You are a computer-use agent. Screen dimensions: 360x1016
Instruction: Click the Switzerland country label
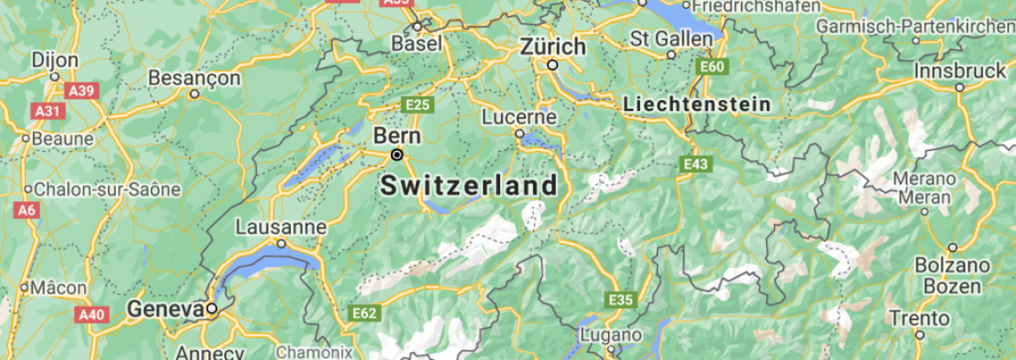coord(469,186)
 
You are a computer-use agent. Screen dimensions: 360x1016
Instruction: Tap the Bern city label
coord(396,137)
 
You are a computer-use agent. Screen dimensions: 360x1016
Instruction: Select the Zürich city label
coord(553,46)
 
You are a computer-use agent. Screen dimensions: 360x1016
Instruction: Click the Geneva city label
coord(166,309)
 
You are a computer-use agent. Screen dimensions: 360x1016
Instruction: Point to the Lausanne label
coord(280,227)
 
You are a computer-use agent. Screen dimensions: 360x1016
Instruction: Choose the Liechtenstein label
coord(697,104)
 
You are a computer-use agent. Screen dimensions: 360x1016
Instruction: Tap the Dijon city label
coord(55,60)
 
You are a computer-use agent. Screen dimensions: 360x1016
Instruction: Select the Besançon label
coord(194,78)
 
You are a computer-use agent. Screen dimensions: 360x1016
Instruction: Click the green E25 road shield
coord(418,105)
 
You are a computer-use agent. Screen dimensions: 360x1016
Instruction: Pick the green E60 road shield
coord(711,67)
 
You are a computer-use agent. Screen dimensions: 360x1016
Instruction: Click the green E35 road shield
coord(621,300)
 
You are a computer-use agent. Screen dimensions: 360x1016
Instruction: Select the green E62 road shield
coord(364,313)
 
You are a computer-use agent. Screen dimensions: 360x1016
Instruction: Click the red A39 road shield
coord(82,90)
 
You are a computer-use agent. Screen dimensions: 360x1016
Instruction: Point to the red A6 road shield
coord(27,210)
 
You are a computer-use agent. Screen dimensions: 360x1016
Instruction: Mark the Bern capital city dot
coord(397,155)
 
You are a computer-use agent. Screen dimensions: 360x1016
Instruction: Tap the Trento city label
coord(918,318)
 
